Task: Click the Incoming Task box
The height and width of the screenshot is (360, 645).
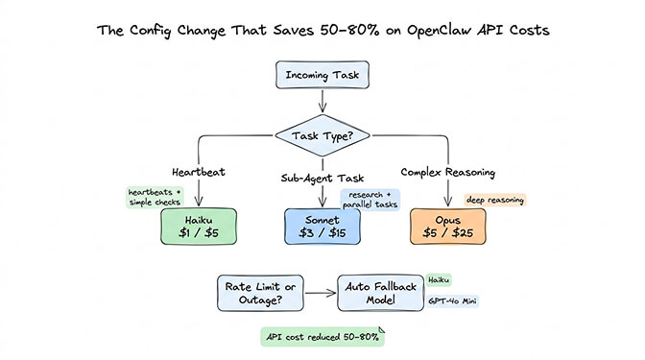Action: (322, 75)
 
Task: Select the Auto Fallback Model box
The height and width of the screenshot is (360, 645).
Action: (379, 293)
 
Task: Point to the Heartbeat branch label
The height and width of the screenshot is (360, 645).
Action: (198, 174)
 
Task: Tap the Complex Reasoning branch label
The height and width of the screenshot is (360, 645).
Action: (446, 174)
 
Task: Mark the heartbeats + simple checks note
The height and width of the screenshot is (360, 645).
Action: (155, 197)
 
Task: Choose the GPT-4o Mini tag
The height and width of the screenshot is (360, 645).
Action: (452, 301)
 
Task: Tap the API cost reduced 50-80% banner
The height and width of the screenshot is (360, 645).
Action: (322, 337)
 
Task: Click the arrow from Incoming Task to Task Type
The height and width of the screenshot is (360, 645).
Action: (322, 101)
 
